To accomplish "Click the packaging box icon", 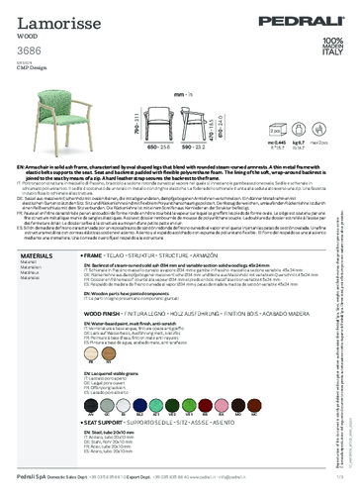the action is pos(302,136).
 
